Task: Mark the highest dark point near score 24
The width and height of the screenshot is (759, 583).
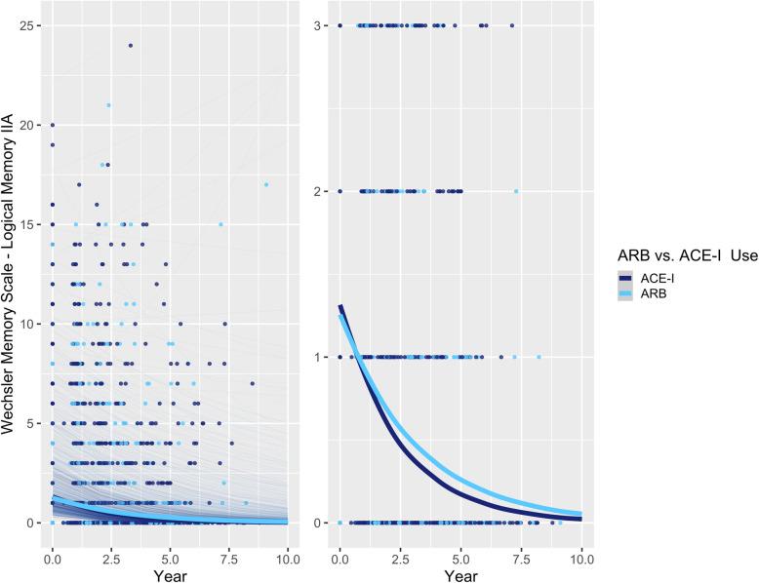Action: (130, 45)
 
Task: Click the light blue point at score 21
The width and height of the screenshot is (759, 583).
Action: (108, 105)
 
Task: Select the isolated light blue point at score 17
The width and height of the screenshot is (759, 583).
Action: (264, 184)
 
